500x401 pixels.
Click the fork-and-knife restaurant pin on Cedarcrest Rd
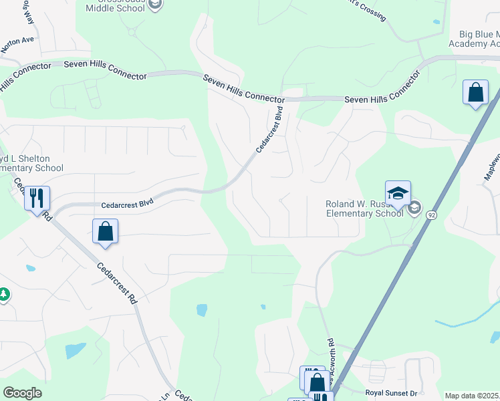click(x=37, y=198)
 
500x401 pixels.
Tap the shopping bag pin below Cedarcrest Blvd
click(x=105, y=231)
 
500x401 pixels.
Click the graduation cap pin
click(x=398, y=193)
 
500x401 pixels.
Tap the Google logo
click(x=23, y=392)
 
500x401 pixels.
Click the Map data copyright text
click(x=472, y=396)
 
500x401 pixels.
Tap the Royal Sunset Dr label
click(x=391, y=394)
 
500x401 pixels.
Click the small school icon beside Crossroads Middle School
click(x=155, y=5)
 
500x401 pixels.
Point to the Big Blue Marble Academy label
click(x=478, y=39)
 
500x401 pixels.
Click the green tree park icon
click(x=4, y=294)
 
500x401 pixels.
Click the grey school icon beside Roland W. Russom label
click(x=415, y=208)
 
